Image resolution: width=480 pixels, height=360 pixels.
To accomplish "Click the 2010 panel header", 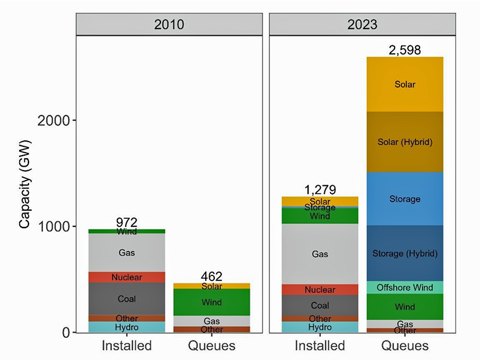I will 170,24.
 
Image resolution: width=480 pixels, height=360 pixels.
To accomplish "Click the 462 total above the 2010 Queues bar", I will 212,276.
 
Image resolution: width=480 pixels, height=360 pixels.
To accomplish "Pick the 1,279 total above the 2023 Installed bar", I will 320,190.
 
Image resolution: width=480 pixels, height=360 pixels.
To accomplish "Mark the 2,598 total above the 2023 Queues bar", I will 404,50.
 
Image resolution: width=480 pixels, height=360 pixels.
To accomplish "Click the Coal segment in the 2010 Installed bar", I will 126,298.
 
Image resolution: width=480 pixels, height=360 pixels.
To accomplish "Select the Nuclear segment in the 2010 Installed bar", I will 126,277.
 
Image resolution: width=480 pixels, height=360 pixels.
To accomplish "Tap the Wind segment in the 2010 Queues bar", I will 212,302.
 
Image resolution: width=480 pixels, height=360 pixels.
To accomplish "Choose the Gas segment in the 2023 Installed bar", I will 320,254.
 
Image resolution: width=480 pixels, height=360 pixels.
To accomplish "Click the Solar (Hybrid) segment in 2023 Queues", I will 404,142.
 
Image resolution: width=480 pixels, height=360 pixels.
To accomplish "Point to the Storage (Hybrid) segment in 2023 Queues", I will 404,253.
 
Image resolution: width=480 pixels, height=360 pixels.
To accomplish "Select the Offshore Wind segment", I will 404,287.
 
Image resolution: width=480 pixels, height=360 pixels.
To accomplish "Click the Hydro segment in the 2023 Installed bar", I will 320,327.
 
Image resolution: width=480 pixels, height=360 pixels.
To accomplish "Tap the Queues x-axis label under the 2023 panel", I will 404,346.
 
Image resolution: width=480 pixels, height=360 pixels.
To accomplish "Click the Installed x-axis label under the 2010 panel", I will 126,346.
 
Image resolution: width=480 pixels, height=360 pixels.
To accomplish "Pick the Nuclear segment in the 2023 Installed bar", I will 320,290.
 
